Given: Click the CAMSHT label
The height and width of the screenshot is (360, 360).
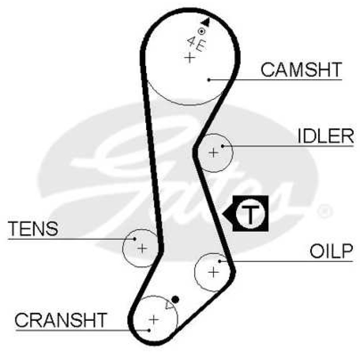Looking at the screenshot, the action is (301, 70).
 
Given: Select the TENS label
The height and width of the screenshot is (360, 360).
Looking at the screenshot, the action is (33, 229).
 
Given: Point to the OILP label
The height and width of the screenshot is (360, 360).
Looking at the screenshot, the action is (331, 251).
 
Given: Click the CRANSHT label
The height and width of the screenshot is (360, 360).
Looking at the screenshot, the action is (61, 320).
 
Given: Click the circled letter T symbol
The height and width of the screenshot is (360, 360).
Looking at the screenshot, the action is (250, 214).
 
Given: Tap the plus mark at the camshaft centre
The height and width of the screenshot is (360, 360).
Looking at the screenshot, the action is (190, 58).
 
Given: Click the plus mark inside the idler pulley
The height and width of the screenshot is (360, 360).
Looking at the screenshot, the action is (213, 153).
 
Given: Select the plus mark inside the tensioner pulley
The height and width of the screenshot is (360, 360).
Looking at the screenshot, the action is (142, 248).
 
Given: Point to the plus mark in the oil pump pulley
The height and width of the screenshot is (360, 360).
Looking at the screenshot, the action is (213, 272).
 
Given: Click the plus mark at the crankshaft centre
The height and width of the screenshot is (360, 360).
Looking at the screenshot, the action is (153, 319).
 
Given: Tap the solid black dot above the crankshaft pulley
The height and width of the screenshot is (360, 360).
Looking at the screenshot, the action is (175, 299).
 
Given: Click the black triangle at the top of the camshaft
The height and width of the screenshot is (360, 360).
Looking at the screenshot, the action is (206, 22).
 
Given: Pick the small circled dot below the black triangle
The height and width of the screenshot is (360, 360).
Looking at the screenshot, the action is (201, 31).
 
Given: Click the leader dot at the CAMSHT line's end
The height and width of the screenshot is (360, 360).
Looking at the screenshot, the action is (209, 80).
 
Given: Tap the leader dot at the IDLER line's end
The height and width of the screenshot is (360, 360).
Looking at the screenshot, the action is (222, 146).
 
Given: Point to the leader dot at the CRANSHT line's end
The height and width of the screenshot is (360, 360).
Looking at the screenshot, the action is (149, 330).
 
